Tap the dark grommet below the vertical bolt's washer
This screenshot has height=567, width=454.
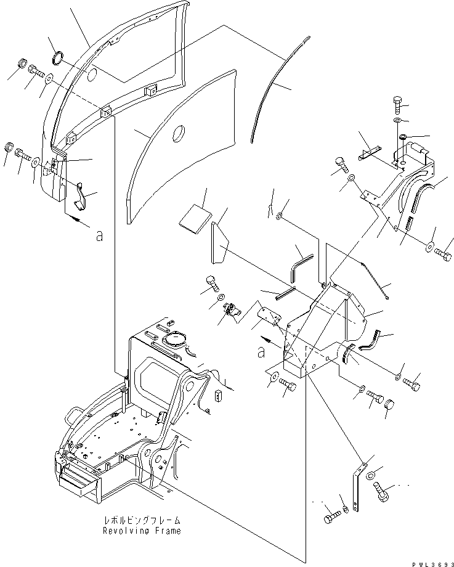(x=402, y=137)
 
